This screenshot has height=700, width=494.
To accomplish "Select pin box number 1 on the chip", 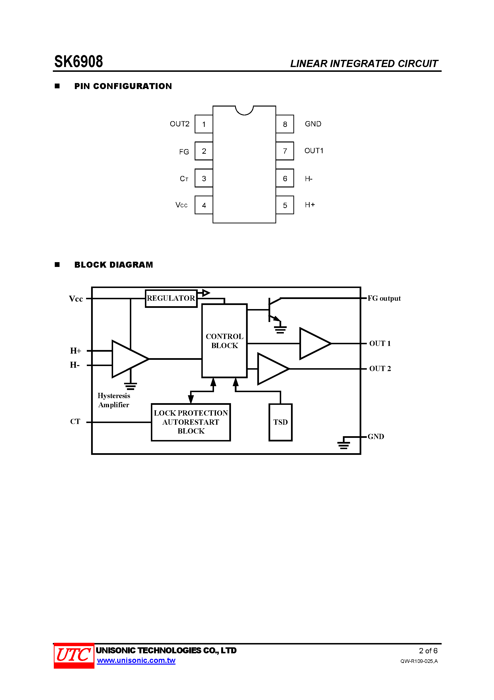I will pyautogui.click(x=204, y=124).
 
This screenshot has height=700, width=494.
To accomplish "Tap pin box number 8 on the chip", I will pyautogui.click(x=285, y=124).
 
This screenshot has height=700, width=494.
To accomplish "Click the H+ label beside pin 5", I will pyautogui.click(x=310, y=205).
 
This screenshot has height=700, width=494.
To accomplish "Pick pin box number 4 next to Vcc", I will pyautogui.click(x=204, y=205).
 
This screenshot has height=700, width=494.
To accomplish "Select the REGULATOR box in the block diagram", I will pyautogui.click(x=171, y=298).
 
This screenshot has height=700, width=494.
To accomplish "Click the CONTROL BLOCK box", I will pyautogui.click(x=225, y=341).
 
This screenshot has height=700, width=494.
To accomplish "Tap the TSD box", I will pyautogui.click(x=280, y=422).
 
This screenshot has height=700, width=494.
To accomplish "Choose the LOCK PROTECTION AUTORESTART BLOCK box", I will pyautogui.click(x=191, y=422).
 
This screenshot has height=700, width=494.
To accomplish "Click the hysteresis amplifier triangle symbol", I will pyautogui.click(x=128, y=359).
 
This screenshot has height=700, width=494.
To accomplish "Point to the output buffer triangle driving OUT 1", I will pyautogui.click(x=313, y=343).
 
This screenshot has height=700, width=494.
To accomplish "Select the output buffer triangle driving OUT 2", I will pyautogui.click(x=271, y=369).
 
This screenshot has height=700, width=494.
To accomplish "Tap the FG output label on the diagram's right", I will pyautogui.click(x=384, y=298).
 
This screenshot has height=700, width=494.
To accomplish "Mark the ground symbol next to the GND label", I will pyautogui.click(x=344, y=444).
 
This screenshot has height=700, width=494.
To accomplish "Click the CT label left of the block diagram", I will pyautogui.click(x=75, y=421).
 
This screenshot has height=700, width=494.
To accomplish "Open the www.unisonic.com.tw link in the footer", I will pyautogui.click(x=136, y=660).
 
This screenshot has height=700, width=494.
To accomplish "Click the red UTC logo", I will pyautogui.click(x=74, y=655).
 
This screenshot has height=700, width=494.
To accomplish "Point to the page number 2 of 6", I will pyautogui.click(x=428, y=651).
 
